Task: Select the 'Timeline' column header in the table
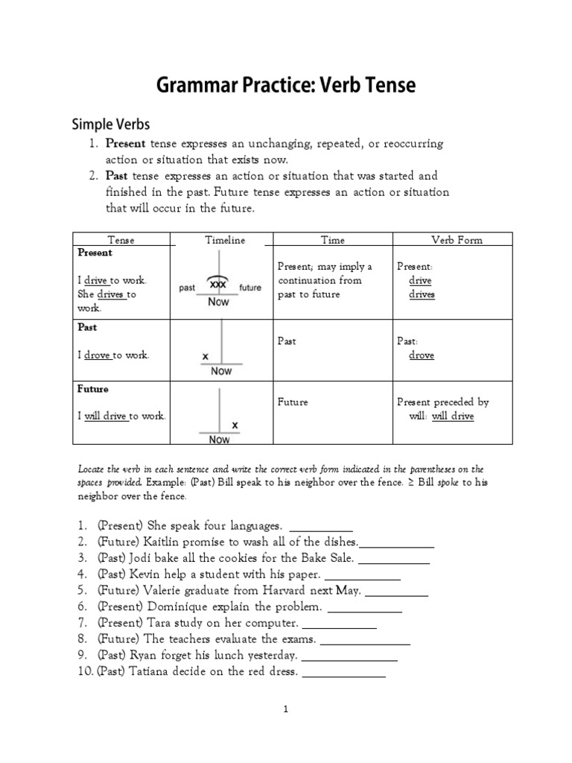pos(225,240)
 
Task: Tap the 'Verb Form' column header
pos(457,240)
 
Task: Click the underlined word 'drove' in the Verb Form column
pos(422,355)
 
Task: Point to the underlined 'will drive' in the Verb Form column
pos(452,416)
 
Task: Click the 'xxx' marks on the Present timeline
pos(218,285)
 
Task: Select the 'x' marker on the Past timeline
pos(205,357)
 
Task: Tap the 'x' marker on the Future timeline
pos(235,425)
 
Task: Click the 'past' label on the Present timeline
pos(188,288)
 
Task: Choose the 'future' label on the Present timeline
pos(250,288)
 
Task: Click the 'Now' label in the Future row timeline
pos(219,440)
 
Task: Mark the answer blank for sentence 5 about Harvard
pos(397,594)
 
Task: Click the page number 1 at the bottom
pos(286,710)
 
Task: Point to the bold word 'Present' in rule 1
pos(126,143)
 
